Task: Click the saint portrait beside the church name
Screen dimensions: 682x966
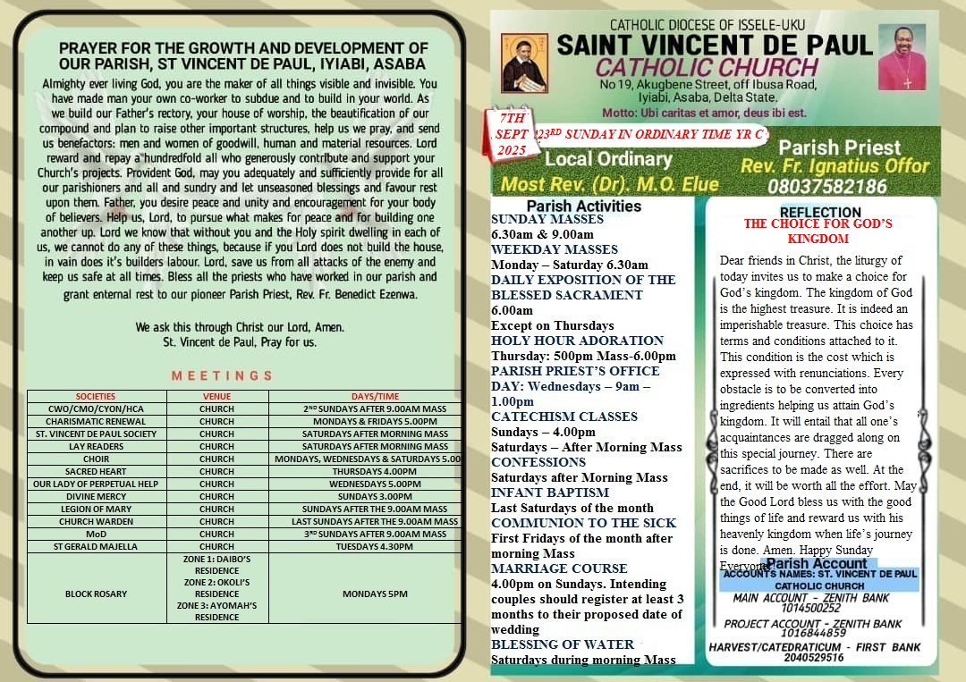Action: [x=524, y=62]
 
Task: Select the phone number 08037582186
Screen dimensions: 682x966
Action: [x=827, y=186]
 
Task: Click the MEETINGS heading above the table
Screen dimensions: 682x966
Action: [x=222, y=376]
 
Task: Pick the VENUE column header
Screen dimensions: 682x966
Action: [x=216, y=396]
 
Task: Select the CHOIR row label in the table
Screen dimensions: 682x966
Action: [x=96, y=459]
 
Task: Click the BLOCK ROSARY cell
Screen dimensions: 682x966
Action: [x=96, y=594]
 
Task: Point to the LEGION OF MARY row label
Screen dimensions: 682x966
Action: [x=96, y=509]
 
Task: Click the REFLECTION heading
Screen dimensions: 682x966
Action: [x=820, y=212]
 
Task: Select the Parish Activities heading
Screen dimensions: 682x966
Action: [x=583, y=206]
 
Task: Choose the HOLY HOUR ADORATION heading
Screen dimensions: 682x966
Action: [x=577, y=341]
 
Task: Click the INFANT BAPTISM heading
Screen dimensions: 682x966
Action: [x=550, y=493]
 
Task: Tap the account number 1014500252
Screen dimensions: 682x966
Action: [x=810, y=608]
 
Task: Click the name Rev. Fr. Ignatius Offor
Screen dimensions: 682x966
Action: [x=835, y=166]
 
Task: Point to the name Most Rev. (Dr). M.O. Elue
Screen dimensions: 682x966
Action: [x=609, y=185]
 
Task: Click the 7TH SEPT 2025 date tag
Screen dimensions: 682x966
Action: [x=513, y=133]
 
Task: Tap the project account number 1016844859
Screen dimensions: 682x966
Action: [x=813, y=633]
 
